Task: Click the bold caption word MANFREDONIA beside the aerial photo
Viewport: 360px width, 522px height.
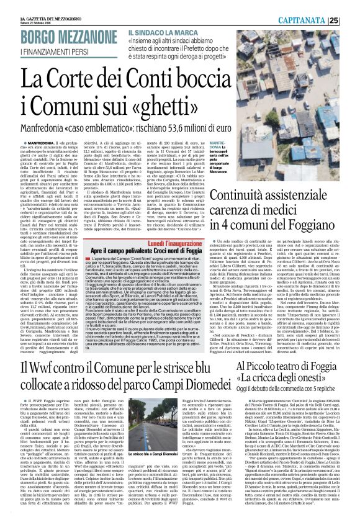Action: point(239,146)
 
